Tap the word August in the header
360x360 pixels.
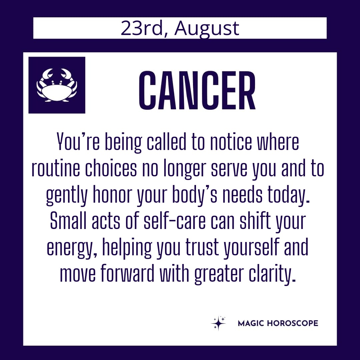click(x=207, y=29)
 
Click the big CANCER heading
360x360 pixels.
click(x=197, y=90)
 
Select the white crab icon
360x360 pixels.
click(x=57, y=85)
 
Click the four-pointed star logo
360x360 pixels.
click(x=218, y=323)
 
